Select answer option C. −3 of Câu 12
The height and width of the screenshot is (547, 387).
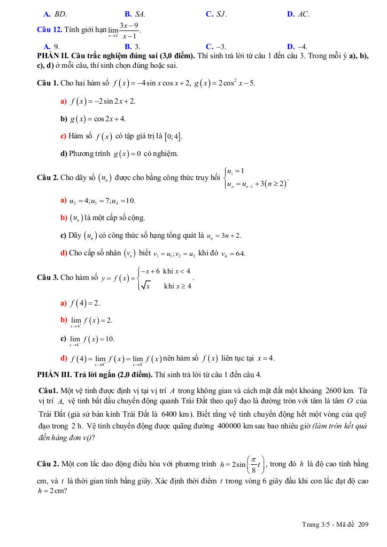(215, 47)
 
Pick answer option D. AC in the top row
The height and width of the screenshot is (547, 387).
(298, 14)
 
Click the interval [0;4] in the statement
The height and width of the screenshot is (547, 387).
(174, 136)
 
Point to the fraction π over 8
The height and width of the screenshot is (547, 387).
(253, 464)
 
